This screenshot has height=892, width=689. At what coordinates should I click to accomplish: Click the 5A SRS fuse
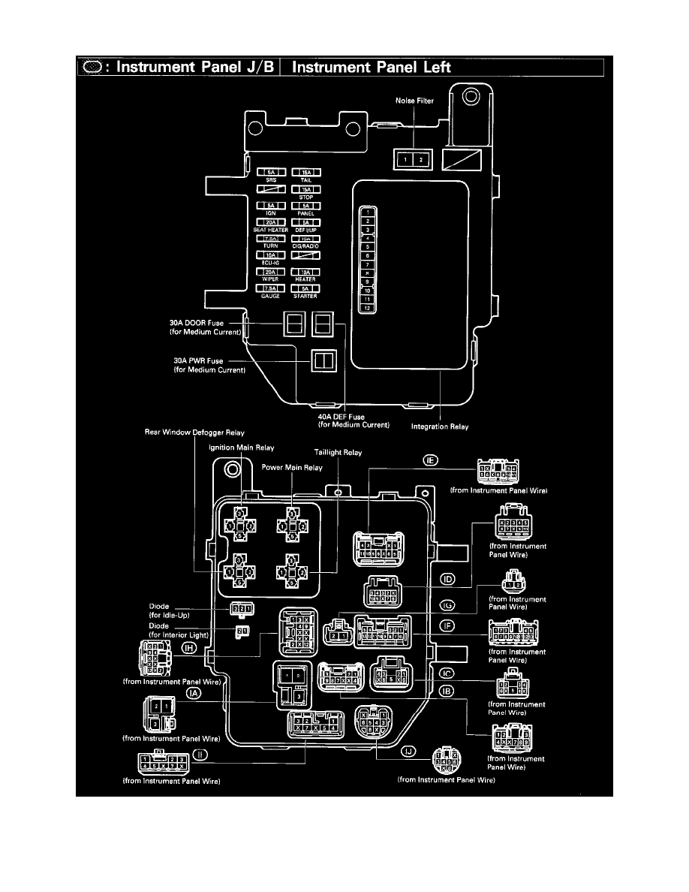point(270,173)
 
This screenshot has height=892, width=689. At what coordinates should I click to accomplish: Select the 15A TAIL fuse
point(306,173)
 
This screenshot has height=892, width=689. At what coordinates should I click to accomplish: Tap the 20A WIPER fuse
point(270,273)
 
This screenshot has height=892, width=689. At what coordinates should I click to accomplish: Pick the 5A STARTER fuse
point(306,288)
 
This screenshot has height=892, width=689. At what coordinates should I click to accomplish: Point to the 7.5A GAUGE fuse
point(270,288)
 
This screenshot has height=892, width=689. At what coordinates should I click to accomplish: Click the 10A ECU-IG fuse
point(270,256)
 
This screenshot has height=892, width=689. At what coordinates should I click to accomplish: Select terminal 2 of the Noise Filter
point(421,160)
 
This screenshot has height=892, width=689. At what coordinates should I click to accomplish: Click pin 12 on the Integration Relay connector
point(368,307)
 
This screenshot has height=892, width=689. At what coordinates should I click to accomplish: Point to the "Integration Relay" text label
point(440,427)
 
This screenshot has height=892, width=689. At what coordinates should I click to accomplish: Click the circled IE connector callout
point(431,460)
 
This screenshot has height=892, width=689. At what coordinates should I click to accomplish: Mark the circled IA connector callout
point(194,695)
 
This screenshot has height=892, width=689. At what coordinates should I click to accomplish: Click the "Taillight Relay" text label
point(336,454)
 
